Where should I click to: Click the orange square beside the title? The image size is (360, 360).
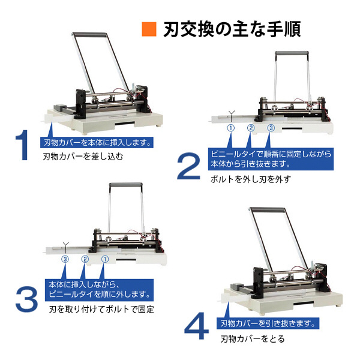(148, 29)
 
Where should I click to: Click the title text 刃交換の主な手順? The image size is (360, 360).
(232, 29)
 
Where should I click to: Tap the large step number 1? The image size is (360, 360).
(22, 145)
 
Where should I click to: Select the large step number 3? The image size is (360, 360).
(26, 298)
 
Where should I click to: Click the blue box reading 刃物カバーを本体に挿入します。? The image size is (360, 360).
(97, 143)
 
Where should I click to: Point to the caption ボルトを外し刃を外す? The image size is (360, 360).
(250, 179)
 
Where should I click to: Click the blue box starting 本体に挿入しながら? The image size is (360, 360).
(100, 289)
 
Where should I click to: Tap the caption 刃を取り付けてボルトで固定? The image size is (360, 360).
(101, 310)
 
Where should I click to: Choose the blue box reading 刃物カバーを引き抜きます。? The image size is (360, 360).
(267, 323)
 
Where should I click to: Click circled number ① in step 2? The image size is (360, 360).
(230, 128)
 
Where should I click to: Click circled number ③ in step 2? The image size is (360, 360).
(271, 128)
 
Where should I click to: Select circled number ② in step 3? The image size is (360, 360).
(85, 259)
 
